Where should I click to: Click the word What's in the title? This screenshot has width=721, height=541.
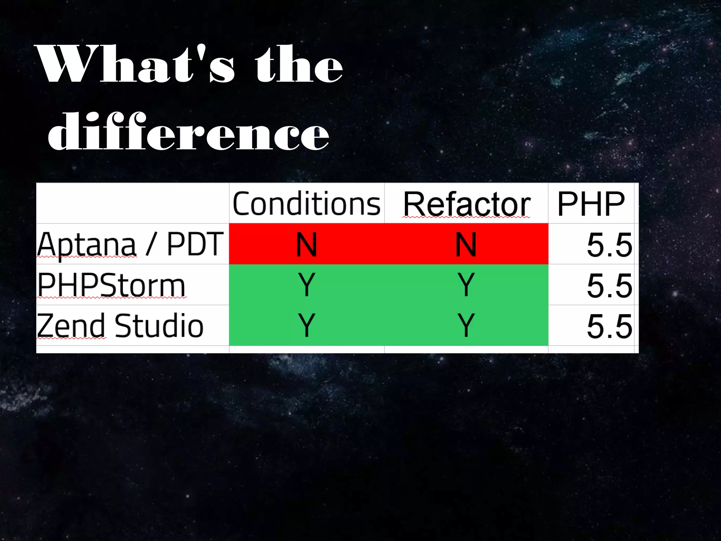coord(136,64)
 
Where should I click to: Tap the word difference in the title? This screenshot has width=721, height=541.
coord(189,132)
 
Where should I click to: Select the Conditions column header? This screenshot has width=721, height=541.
coord(306,204)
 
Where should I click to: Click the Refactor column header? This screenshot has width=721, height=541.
coord(466,204)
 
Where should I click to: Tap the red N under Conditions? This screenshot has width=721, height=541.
coord(306,244)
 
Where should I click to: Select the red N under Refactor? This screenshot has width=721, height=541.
coord(466,244)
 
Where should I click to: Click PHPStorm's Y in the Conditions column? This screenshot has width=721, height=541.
coord(306,285)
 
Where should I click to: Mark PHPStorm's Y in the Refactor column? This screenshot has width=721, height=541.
coord(466,285)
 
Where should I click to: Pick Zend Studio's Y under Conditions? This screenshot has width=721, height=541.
coord(306,325)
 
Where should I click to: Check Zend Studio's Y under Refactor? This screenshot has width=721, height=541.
coord(466,325)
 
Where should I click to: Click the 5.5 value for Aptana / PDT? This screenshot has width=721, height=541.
coord(609,245)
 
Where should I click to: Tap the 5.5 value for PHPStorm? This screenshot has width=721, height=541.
coord(609,285)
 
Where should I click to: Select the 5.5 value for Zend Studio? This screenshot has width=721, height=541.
coord(609,326)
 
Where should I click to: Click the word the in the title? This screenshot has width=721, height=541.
coord(299,64)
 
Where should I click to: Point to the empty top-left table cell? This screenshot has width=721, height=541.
coord(132,203)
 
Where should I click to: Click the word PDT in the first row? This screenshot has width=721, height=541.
coord(195,244)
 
